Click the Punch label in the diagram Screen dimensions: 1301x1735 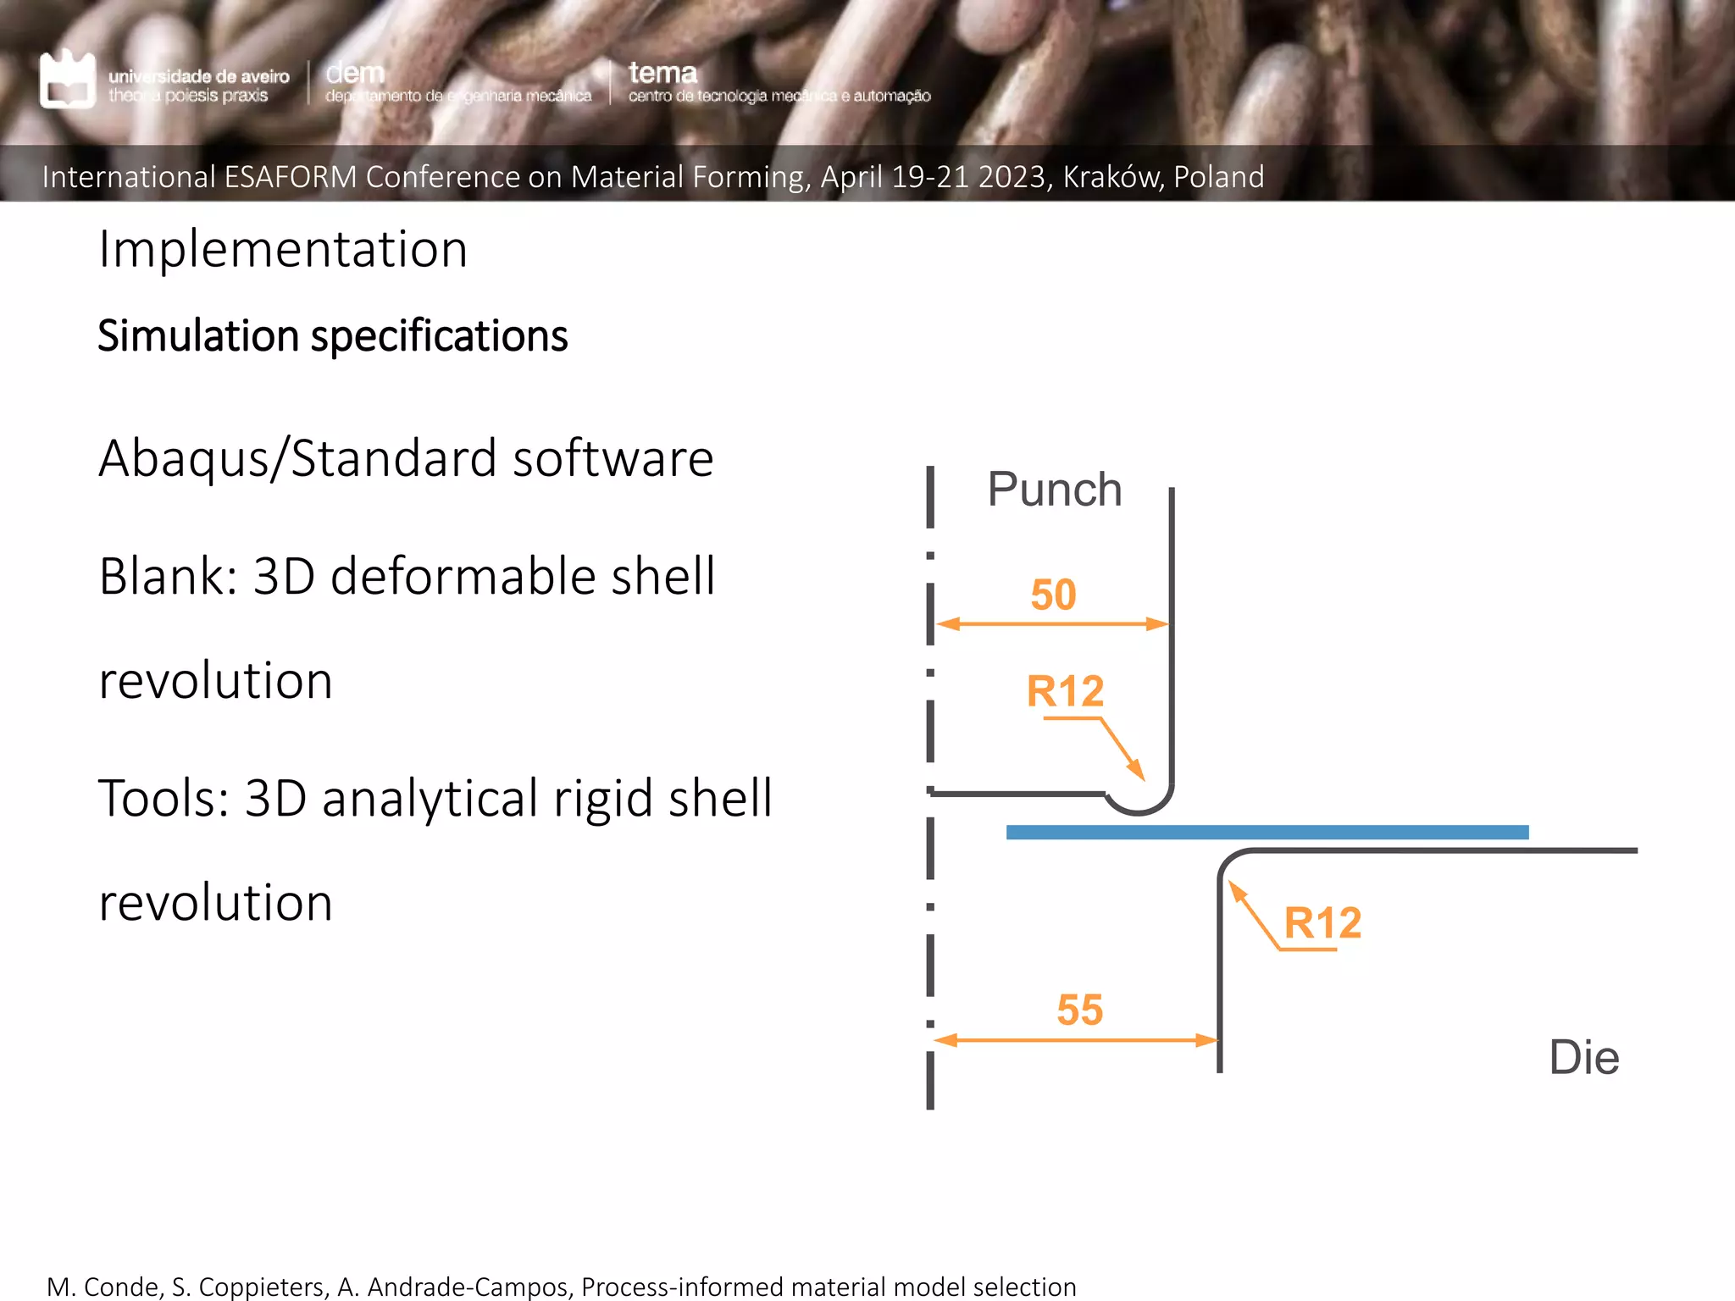(x=1055, y=490)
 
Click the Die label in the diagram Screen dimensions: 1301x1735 (x=1583, y=1058)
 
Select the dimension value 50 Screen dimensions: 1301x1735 (x=1053, y=595)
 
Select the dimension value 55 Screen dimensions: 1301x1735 (x=1079, y=1010)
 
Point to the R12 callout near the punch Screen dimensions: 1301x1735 (x=1065, y=691)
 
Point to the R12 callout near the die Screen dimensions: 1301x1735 (x=1322, y=922)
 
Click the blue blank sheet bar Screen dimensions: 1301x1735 (x=1267, y=833)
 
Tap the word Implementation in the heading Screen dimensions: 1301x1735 (x=283, y=250)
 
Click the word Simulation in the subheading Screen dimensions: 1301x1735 (x=200, y=336)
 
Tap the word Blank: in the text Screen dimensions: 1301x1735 (x=169, y=577)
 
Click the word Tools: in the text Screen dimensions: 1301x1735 (x=164, y=799)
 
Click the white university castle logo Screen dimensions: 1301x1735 (x=68, y=80)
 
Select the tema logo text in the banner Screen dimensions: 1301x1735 (x=662, y=73)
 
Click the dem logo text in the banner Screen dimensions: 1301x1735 (x=355, y=73)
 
